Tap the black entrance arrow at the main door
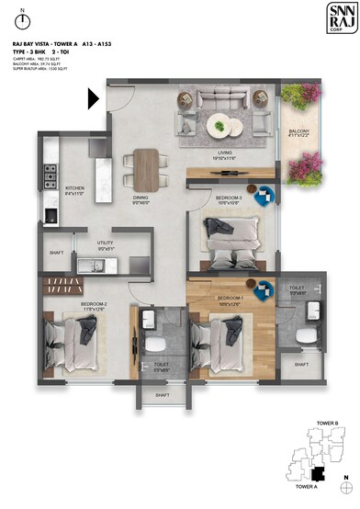tap(94, 96)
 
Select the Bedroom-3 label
tap(229, 199)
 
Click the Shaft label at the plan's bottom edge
tap(163, 395)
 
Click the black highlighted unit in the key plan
tap(317, 474)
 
